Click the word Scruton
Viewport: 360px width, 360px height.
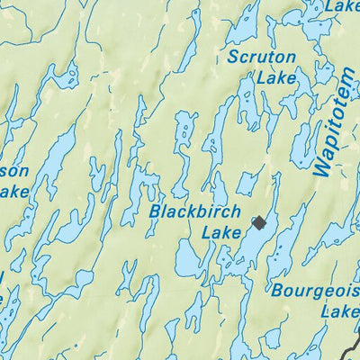pos(262,58)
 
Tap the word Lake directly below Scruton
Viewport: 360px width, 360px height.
pos(275,79)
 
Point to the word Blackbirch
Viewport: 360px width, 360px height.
pos(195,212)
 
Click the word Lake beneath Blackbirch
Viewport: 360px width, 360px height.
pos(221,233)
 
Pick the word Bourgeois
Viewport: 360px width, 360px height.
pos(314,292)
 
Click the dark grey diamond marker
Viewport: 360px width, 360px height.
pos(259,223)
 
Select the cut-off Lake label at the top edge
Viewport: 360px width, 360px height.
pos(343,6)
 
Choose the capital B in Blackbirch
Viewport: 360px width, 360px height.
pos(157,212)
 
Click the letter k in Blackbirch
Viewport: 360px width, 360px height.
pos(192,212)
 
